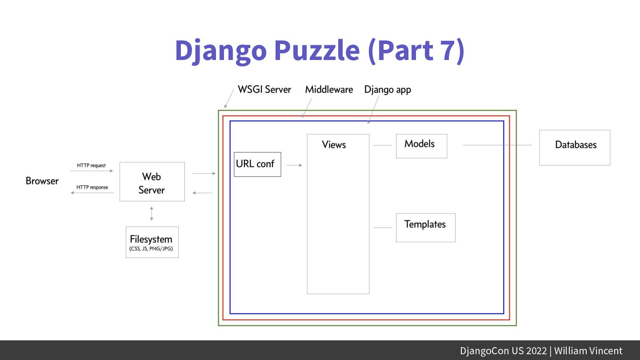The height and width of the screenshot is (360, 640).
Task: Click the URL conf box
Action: tap(257, 164)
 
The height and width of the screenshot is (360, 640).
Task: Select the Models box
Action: tap(421, 146)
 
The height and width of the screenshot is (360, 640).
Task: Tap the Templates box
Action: tap(425, 227)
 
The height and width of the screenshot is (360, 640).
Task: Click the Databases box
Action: tap(575, 148)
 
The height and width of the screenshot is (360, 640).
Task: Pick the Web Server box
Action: tap(152, 182)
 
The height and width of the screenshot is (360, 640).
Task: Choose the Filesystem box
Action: tap(152, 242)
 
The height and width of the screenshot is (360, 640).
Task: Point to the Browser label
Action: tap(42, 181)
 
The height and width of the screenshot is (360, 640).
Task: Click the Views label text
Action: tap(334, 144)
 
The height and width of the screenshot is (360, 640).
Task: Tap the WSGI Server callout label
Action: tap(264, 89)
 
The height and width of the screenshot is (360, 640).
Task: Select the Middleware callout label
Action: tap(329, 89)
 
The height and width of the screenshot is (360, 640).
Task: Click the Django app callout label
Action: tap(388, 89)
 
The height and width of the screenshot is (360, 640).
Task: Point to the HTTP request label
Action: tap(92, 165)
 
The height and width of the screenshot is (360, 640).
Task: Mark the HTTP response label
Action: tap(92, 187)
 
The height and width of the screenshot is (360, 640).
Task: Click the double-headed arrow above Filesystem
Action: tap(152, 214)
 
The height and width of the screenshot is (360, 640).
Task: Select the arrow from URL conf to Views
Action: tap(294, 165)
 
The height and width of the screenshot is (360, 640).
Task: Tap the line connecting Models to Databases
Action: tap(497, 145)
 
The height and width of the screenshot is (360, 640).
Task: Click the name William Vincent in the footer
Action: tap(588, 351)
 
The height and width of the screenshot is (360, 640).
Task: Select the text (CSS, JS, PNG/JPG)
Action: tap(152, 249)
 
